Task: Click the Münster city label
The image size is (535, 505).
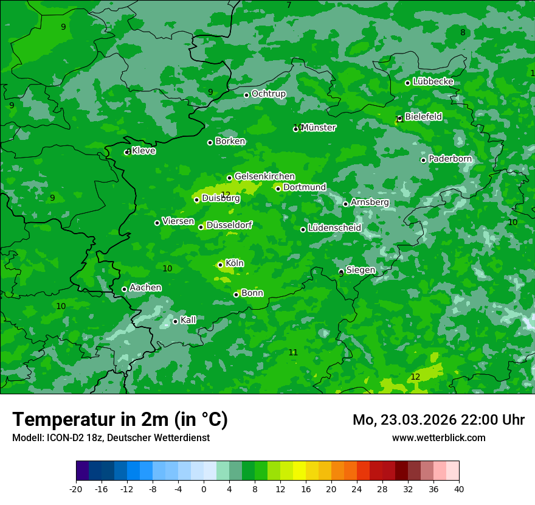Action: tap(318, 128)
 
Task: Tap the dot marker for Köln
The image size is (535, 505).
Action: tap(220, 265)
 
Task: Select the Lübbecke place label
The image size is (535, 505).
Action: tap(433, 82)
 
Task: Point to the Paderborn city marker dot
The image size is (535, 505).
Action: tap(424, 160)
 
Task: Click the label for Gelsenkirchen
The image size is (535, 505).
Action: tap(264, 176)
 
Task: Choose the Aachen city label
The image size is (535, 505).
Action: tap(145, 287)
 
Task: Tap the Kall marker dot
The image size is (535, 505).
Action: tap(175, 321)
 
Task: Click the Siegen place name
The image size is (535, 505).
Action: tap(361, 270)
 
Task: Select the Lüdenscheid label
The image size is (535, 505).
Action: tap(334, 228)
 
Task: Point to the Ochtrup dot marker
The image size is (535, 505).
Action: tap(247, 95)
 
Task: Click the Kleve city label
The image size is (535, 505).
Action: tap(143, 151)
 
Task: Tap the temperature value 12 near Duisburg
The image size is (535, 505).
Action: tap(226, 194)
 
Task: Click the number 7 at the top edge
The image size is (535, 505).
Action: tap(289, 5)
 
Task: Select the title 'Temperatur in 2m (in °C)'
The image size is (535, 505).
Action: tap(120, 419)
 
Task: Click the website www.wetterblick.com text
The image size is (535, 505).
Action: tap(438, 437)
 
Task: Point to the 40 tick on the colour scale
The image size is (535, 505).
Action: tap(458, 489)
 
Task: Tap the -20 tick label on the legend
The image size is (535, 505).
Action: tap(76, 489)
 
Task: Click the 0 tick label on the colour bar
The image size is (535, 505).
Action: tap(204, 489)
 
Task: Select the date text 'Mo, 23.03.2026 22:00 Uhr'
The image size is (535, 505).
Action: tap(438, 420)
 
